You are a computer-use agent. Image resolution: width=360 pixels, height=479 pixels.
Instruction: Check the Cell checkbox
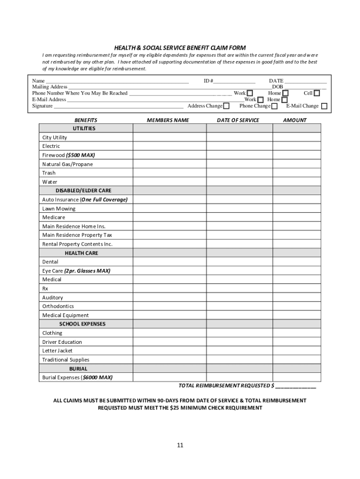tap(317, 93)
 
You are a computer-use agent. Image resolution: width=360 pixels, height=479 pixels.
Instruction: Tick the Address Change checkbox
tap(227, 106)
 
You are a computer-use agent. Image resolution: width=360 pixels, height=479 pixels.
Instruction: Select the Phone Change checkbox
tap(274, 106)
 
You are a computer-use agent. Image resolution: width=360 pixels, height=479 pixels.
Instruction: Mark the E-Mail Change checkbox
tap(324, 106)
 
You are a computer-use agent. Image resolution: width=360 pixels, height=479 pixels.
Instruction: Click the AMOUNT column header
tap(295, 120)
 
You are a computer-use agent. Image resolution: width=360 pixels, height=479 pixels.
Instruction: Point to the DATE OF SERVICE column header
tap(238, 120)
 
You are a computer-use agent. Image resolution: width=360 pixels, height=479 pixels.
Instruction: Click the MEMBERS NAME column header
tap(168, 120)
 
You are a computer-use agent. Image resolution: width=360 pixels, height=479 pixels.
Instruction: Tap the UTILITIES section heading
tap(84, 128)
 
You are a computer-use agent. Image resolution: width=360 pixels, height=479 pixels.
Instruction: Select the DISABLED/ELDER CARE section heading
tap(83, 191)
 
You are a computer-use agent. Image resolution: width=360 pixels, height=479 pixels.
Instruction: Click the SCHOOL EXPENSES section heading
tap(82, 324)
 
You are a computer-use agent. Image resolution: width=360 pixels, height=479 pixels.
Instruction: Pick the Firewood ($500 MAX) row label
tap(68, 155)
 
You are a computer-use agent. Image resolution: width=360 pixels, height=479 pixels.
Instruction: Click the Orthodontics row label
tap(58, 306)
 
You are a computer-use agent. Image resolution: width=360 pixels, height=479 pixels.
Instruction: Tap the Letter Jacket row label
tap(58, 350)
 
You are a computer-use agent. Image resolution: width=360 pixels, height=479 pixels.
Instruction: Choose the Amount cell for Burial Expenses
tap(297, 377)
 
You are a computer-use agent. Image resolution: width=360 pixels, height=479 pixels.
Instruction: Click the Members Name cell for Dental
tap(169, 262)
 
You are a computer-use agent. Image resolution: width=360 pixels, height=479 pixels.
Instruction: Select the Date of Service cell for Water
tap(239, 182)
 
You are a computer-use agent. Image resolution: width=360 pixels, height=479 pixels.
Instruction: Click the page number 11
tap(180, 445)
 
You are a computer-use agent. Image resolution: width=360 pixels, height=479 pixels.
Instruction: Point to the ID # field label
tap(208, 81)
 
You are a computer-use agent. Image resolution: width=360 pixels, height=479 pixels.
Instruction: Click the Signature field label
tap(42, 106)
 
